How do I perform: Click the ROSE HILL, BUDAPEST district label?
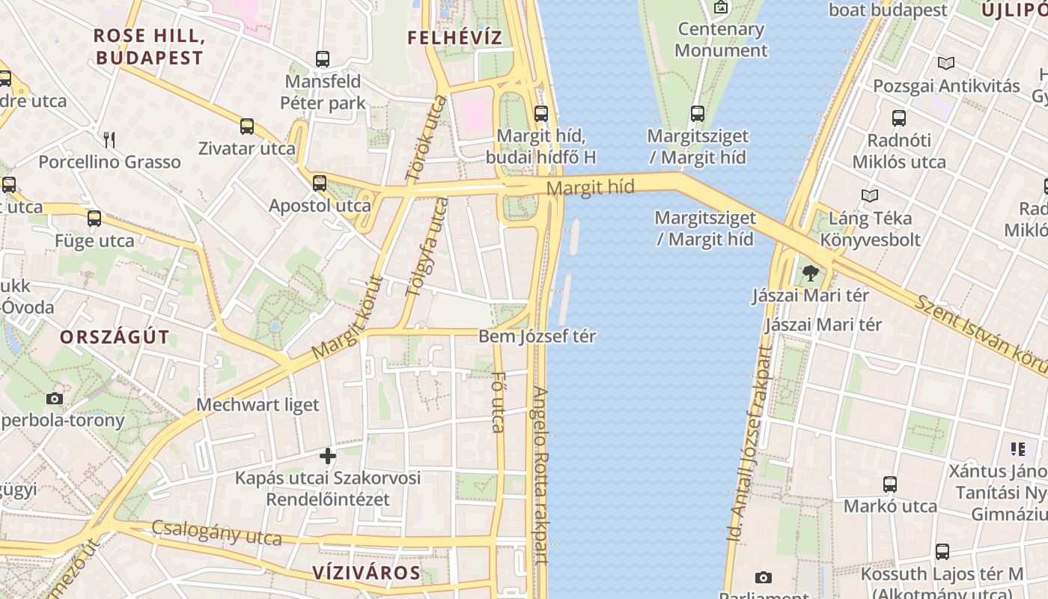[x=149, y=46]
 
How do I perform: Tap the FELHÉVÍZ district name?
[x=454, y=37]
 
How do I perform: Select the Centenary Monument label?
[x=721, y=40]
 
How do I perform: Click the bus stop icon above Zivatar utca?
[x=247, y=127]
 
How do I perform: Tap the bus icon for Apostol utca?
[x=320, y=183]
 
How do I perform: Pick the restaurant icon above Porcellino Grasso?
[x=109, y=139]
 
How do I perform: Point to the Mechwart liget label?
[x=258, y=405]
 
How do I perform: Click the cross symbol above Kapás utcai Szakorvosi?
[x=327, y=455]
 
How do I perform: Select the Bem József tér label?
[x=537, y=336]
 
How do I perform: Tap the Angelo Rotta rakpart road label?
[x=541, y=475]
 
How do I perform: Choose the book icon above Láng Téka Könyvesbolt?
[x=869, y=196]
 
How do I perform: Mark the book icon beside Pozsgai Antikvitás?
[x=946, y=64]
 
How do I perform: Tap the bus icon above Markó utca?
[x=889, y=484]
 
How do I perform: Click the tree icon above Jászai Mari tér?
[x=809, y=273]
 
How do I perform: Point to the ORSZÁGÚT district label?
[x=115, y=336]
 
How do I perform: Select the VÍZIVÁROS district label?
[x=366, y=574]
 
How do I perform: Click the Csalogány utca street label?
[x=216, y=532]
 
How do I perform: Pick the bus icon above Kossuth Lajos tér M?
[x=942, y=552]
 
